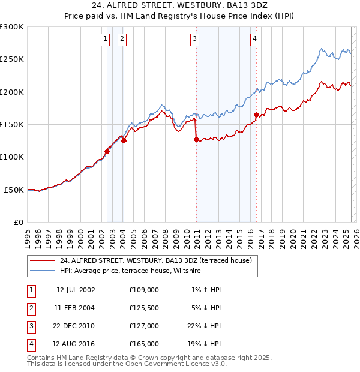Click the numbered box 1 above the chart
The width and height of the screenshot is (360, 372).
point(106,40)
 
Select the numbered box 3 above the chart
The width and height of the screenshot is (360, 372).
point(195,40)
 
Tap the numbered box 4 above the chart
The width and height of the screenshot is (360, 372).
point(255,40)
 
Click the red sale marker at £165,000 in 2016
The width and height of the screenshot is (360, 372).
point(256,115)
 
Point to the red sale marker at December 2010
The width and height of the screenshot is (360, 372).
point(196,139)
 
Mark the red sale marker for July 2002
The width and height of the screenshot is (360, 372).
point(107,151)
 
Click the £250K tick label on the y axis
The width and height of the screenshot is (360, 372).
point(12,59)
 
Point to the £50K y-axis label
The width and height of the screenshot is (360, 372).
point(14,190)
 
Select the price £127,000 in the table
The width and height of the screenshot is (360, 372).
point(144,326)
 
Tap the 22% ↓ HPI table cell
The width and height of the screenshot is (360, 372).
point(204,326)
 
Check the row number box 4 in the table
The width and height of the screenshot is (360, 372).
point(29,344)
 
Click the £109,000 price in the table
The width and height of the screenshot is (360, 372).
point(144,290)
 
